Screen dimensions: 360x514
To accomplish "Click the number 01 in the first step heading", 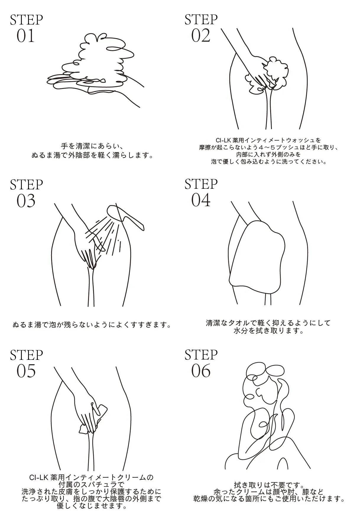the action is coord(26,36).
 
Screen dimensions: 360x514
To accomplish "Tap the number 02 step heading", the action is coord(201,36).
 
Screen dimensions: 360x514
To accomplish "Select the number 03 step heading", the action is coord(26,201).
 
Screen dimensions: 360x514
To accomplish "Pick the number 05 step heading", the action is coord(26,371).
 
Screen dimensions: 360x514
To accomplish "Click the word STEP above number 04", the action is coord(201,184).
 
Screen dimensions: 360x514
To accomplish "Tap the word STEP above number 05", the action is coord(26,355).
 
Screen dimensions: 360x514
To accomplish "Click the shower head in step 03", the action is coord(126,217).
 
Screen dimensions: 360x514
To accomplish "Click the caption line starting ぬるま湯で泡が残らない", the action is coord(92,325).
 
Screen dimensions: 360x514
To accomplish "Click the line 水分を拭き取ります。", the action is coord(268,331).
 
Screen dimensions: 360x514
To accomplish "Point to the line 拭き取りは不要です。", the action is coord(269,485).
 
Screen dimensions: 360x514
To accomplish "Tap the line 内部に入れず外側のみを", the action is coord(268,154).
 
